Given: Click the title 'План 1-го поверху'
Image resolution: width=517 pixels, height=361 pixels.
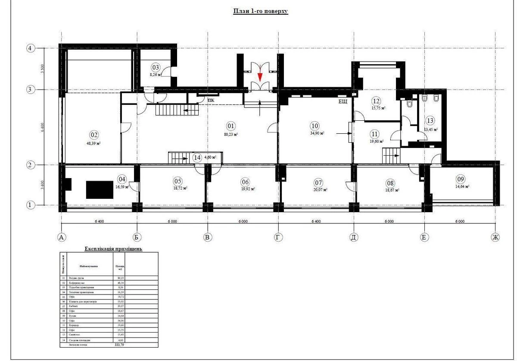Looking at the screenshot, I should point(260,11).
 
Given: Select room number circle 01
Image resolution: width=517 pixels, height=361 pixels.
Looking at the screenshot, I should point(230,126).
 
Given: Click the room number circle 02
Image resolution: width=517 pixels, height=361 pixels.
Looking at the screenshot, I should point(94,135).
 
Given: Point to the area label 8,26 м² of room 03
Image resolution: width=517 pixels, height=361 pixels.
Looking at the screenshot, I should point(156,75).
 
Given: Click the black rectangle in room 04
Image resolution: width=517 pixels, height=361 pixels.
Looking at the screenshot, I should point(100,189).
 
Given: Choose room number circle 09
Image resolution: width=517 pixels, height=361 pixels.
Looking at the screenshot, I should point(461,179).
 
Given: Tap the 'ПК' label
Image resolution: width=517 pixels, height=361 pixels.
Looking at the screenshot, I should point(211,100).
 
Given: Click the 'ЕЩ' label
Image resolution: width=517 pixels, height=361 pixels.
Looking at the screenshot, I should point(343,101).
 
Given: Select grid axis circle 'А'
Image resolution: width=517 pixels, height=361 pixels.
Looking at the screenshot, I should point(62,237).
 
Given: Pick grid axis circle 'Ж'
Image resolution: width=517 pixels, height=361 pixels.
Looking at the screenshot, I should point(495,237).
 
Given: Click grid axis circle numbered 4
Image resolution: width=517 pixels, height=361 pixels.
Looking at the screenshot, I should point(30,48).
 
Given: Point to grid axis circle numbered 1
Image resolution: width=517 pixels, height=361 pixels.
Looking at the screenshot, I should point(30,205).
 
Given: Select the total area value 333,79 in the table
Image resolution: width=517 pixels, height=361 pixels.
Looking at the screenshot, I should point(118,345).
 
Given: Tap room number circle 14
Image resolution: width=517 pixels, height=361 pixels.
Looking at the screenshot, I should point(197,158).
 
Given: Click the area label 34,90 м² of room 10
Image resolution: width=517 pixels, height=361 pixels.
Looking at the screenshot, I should point(317,133).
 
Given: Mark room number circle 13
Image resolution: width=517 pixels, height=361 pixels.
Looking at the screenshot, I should point(430,121).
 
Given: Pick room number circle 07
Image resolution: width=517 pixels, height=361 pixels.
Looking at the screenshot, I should point(318,182).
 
